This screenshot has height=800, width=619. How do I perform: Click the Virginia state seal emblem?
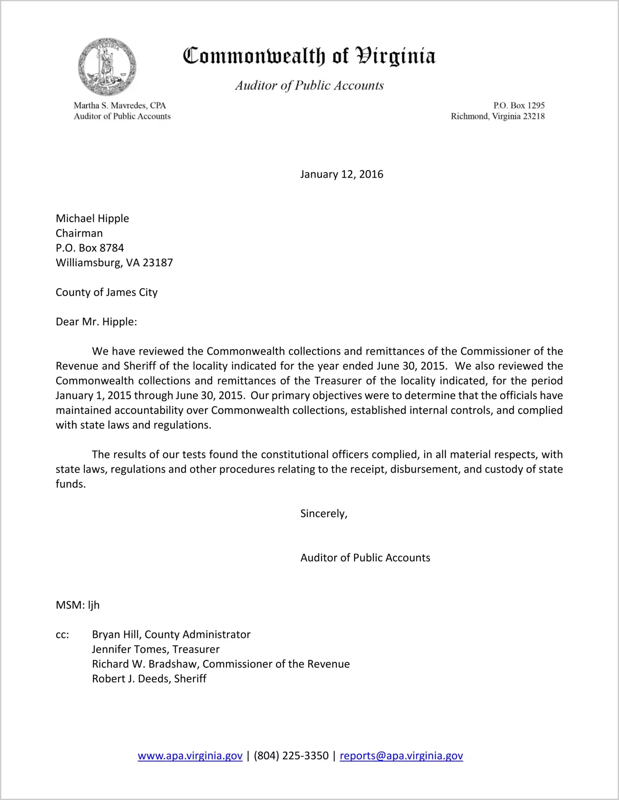point(107,67)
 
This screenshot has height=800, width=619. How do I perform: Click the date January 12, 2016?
point(341,174)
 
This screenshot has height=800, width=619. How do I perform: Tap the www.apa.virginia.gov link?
point(190,756)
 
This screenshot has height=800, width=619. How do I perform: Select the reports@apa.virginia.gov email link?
point(401,756)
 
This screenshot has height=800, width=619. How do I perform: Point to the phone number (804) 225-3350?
point(291,756)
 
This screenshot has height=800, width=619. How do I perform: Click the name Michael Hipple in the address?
point(92,218)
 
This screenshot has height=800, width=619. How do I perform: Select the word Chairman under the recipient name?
point(79,233)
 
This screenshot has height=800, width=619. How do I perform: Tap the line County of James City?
point(106,292)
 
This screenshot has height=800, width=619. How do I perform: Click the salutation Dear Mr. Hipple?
point(96,322)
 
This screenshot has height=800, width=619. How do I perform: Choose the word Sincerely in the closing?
point(323,514)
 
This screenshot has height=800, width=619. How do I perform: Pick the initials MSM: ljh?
point(77,605)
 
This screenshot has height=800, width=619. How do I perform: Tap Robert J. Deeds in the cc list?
point(131,679)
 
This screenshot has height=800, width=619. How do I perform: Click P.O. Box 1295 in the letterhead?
point(519,106)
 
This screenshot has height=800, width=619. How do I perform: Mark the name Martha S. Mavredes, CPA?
point(120,106)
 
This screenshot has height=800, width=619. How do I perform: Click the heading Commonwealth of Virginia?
point(309,56)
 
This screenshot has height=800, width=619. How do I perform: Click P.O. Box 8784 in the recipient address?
point(90,248)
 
